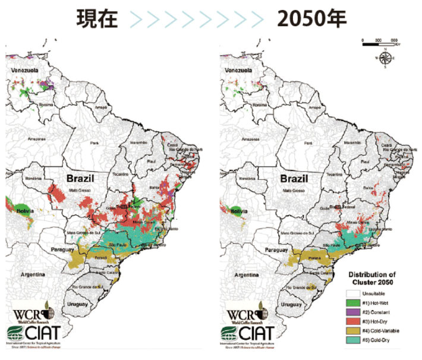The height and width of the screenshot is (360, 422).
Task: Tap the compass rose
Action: tap(385, 58)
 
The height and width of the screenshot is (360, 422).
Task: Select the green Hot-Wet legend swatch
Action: tap(355, 304)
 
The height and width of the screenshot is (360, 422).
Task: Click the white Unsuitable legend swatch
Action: tap(355, 293)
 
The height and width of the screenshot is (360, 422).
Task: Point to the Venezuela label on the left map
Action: tap(23, 71)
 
